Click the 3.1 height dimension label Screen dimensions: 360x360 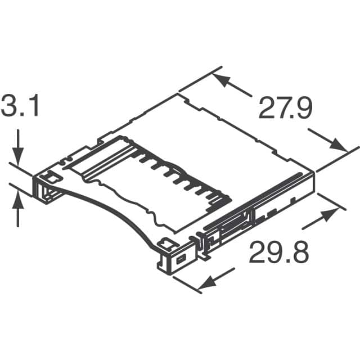tap(20, 106)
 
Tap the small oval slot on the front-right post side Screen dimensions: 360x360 tap(181, 260)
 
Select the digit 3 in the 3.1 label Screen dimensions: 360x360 tap(10, 106)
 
